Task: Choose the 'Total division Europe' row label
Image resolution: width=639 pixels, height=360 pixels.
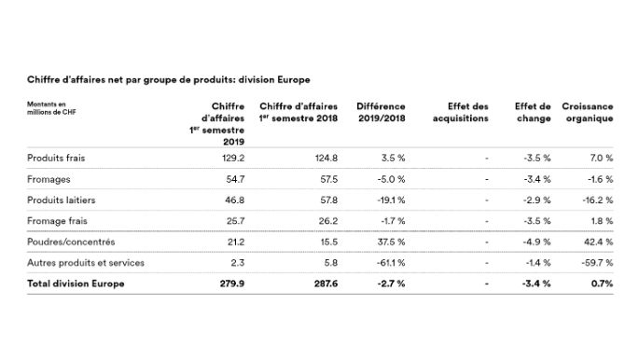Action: pyautogui.click(x=76, y=284)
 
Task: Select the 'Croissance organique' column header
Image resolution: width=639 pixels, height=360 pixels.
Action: pyautogui.click(x=587, y=113)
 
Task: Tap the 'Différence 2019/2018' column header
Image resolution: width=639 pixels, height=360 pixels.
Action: pyautogui.click(x=381, y=113)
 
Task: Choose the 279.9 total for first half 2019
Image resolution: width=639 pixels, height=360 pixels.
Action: pyautogui.click(x=229, y=284)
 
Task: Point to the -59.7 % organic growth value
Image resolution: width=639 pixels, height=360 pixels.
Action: pyautogui.click(x=595, y=263)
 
